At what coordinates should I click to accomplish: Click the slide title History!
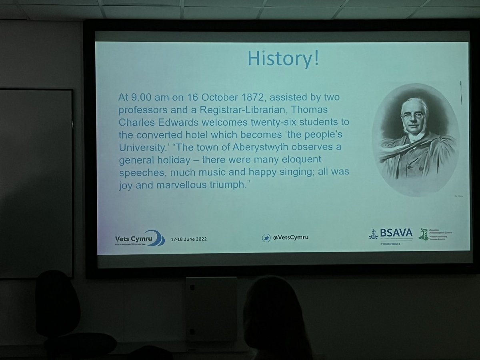[x=283, y=58]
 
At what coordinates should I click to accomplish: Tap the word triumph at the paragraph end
[x=228, y=186]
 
